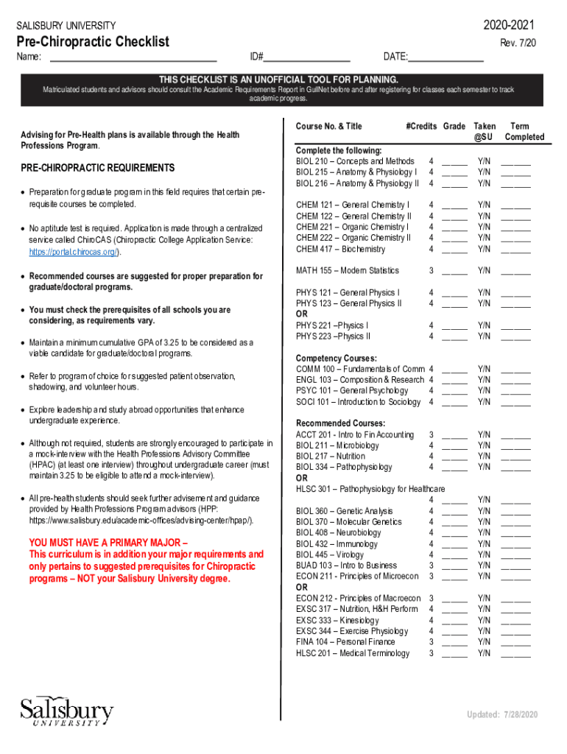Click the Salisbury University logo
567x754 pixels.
[67, 711]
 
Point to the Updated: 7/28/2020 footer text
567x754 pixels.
[502, 715]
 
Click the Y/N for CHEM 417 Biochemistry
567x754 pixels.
[484, 249]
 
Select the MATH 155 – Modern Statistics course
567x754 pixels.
[348, 270]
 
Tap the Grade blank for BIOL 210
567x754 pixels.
[454, 162]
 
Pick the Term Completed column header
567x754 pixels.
[524, 131]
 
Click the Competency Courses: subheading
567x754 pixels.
[336, 358]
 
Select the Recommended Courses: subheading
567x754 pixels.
[340, 423]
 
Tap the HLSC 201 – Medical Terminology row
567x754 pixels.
[353, 653]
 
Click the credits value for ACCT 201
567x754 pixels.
[431, 434]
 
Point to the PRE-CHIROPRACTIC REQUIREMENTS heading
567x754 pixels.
[97, 169]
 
